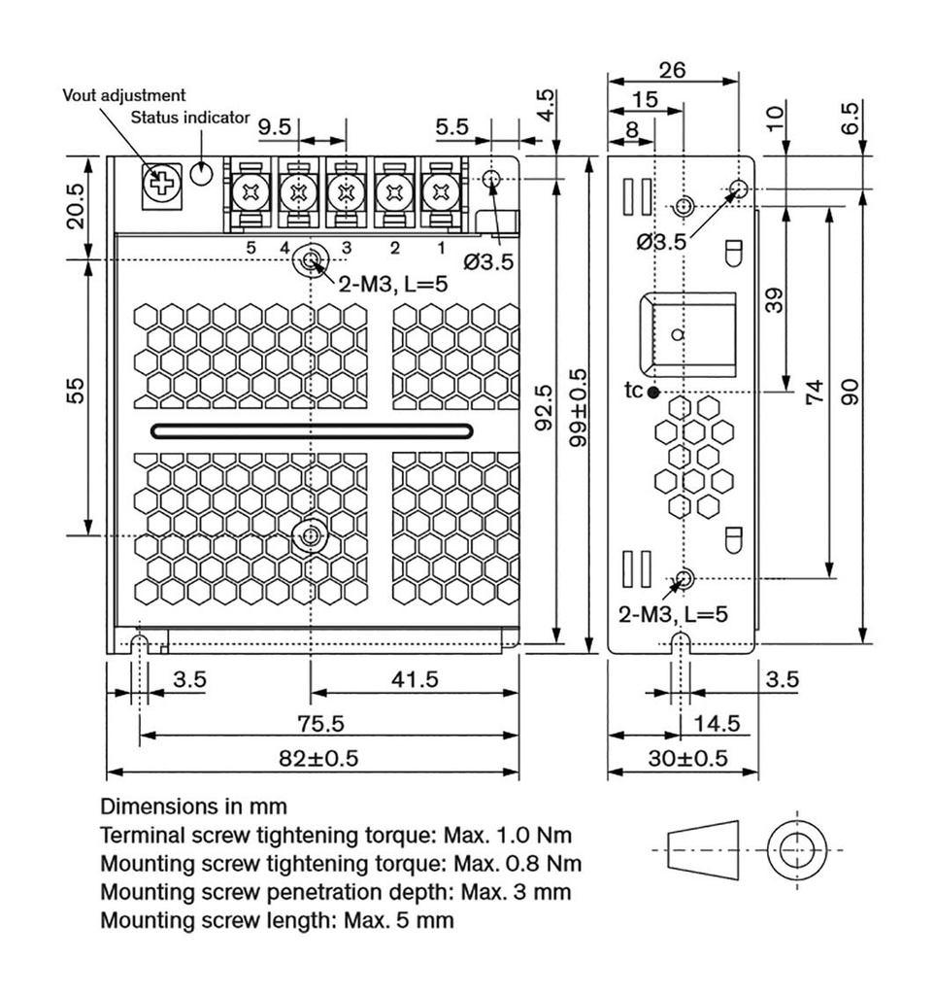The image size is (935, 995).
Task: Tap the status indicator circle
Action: coord(202,172)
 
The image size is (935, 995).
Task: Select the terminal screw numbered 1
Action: coord(440,190)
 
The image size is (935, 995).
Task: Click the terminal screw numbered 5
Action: coord(251,190)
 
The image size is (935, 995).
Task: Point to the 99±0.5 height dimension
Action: coord(580,416)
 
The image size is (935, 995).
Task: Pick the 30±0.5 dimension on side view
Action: coord(687,759)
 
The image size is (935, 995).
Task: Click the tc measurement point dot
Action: coord(652,392)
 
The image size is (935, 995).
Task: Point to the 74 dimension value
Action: coord(816,393)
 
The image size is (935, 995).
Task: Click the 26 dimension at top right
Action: coord(672,70)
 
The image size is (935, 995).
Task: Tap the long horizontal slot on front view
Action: coord(312,430)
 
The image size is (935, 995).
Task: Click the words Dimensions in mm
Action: coord(194,807)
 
